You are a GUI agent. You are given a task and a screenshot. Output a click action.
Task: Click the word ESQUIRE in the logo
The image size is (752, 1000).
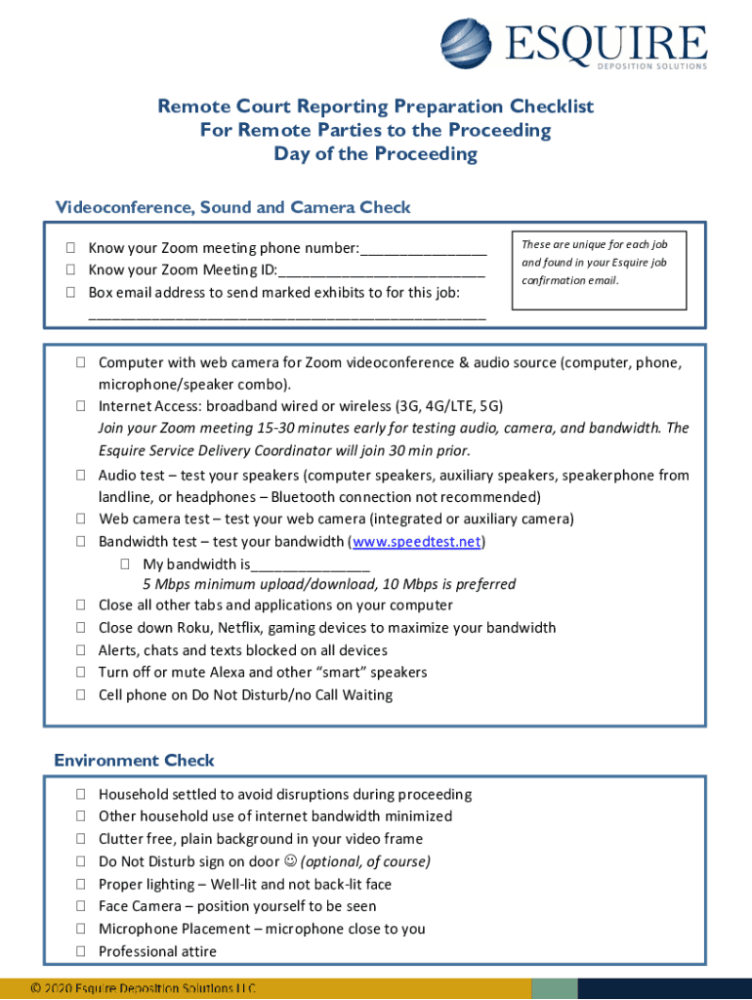pos(606,42)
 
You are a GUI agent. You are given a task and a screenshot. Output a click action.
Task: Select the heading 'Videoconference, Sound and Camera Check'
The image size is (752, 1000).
pos(232,207)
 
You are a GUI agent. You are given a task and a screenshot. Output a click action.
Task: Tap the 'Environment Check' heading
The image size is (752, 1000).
pos(134,760)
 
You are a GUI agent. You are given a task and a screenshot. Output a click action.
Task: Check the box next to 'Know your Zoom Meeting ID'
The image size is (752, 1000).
pos(72,270)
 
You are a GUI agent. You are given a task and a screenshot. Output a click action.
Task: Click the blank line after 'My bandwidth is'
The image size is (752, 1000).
pos(310,564)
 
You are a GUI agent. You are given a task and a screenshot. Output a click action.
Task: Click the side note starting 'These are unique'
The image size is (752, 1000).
pos(594,262)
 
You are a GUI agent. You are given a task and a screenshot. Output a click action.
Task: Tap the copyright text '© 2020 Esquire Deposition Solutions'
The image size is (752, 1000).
pos(143,989)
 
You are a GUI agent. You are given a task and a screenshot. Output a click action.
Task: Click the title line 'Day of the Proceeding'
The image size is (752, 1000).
pos(375,154)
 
